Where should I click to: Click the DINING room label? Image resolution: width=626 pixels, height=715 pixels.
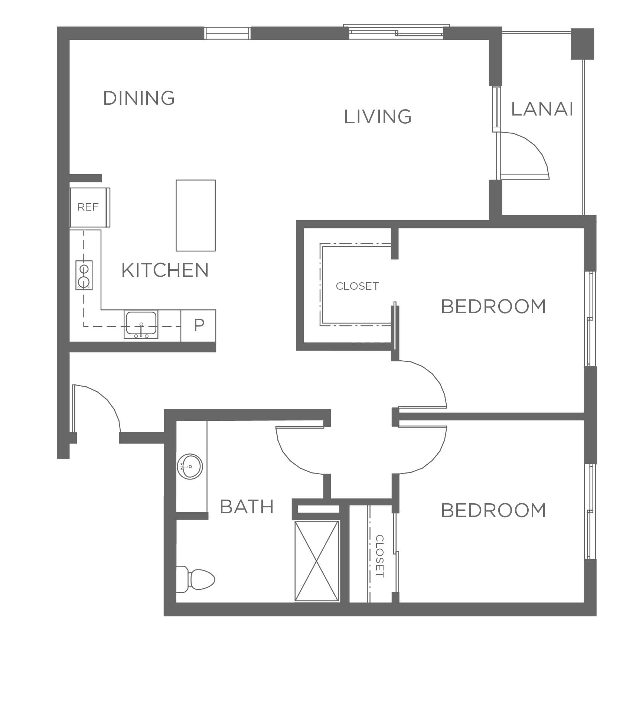pyautogui.click(x=139, y=98)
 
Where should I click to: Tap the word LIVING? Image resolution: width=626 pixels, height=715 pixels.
pyautogui.click(x=378, y=117)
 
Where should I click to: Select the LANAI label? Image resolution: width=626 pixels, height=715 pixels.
pyautogui.click(x=542, y=109)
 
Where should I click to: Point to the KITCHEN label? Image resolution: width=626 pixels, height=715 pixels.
pyautogui.click(x=165, y=270)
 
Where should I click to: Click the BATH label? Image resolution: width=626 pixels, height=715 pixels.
pyautogui.click(x=247, y=507)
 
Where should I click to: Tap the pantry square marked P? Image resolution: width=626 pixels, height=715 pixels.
pyautogui.click(x=198, y=325)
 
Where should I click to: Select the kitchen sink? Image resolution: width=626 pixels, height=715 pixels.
pyautogui.click(x=141, y=324)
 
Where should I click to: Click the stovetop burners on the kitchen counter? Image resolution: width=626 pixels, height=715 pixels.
pyautogui.click(x=84, y=275)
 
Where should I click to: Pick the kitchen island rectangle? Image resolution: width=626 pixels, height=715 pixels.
pyautogui.click(x=196, y=215)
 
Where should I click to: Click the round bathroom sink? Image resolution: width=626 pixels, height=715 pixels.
pyautogui.click(x=190, y=467)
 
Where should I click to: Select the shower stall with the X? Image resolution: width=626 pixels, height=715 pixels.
pyautogui.click(x=317, y=561)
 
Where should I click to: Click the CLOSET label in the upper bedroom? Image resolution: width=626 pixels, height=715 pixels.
pyautogui.click(x=357, y=286)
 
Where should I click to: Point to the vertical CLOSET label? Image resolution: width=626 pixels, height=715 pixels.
pyautogui.click(x=380, y=556)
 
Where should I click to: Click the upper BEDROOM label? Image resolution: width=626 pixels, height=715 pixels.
pyautogui.click(x=493, y=307)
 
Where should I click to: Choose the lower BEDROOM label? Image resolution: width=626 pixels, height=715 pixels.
pyautogui.click(x=493, y=511)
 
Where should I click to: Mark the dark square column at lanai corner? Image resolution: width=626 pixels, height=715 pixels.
pyautogui.click(x=582, y=44)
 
